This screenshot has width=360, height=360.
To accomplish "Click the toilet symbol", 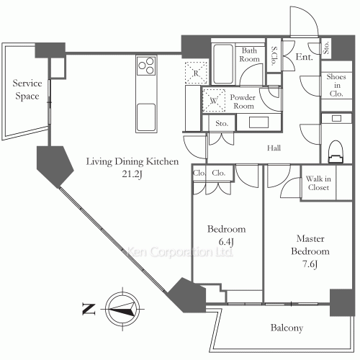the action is click(x=336, y=152).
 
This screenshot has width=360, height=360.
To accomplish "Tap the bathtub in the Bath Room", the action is click(x=223, y=64).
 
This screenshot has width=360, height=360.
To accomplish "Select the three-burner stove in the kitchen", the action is click(x=146, y=66).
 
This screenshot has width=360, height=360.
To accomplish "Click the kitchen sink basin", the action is click(x=146, y=117).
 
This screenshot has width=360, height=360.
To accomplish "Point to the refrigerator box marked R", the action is click(x=196, y=73).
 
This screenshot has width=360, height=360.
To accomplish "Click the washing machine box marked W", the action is click(x=214, y=100).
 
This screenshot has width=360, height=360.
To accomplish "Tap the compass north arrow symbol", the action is click(x=122, y=309).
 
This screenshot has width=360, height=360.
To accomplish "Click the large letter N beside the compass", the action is click(x=89, y=309).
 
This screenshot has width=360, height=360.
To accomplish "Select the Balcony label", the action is click(x=287, y=328).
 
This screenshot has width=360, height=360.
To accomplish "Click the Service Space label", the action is click(x=27, y=89).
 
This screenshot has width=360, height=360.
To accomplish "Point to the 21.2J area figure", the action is click(x=132, y=174).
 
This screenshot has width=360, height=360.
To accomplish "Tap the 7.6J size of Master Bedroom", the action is click(x=310, y=264).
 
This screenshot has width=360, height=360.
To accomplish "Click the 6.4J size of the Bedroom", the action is click(x=226, y=242).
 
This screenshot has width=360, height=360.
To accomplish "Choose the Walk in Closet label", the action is click(x=318, y=183).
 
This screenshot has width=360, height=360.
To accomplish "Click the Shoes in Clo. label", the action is click(x=336, y=85).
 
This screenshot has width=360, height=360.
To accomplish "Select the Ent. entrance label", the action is click(x=305, y=57).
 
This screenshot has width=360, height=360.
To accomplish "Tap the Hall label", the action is click(x=274, y=148).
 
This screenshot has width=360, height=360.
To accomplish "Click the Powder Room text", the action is click(x=243, y=102).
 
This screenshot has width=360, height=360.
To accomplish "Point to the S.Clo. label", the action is click(x=274, y=56).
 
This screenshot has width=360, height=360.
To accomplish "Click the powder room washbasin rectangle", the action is click(x=258, y=122).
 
